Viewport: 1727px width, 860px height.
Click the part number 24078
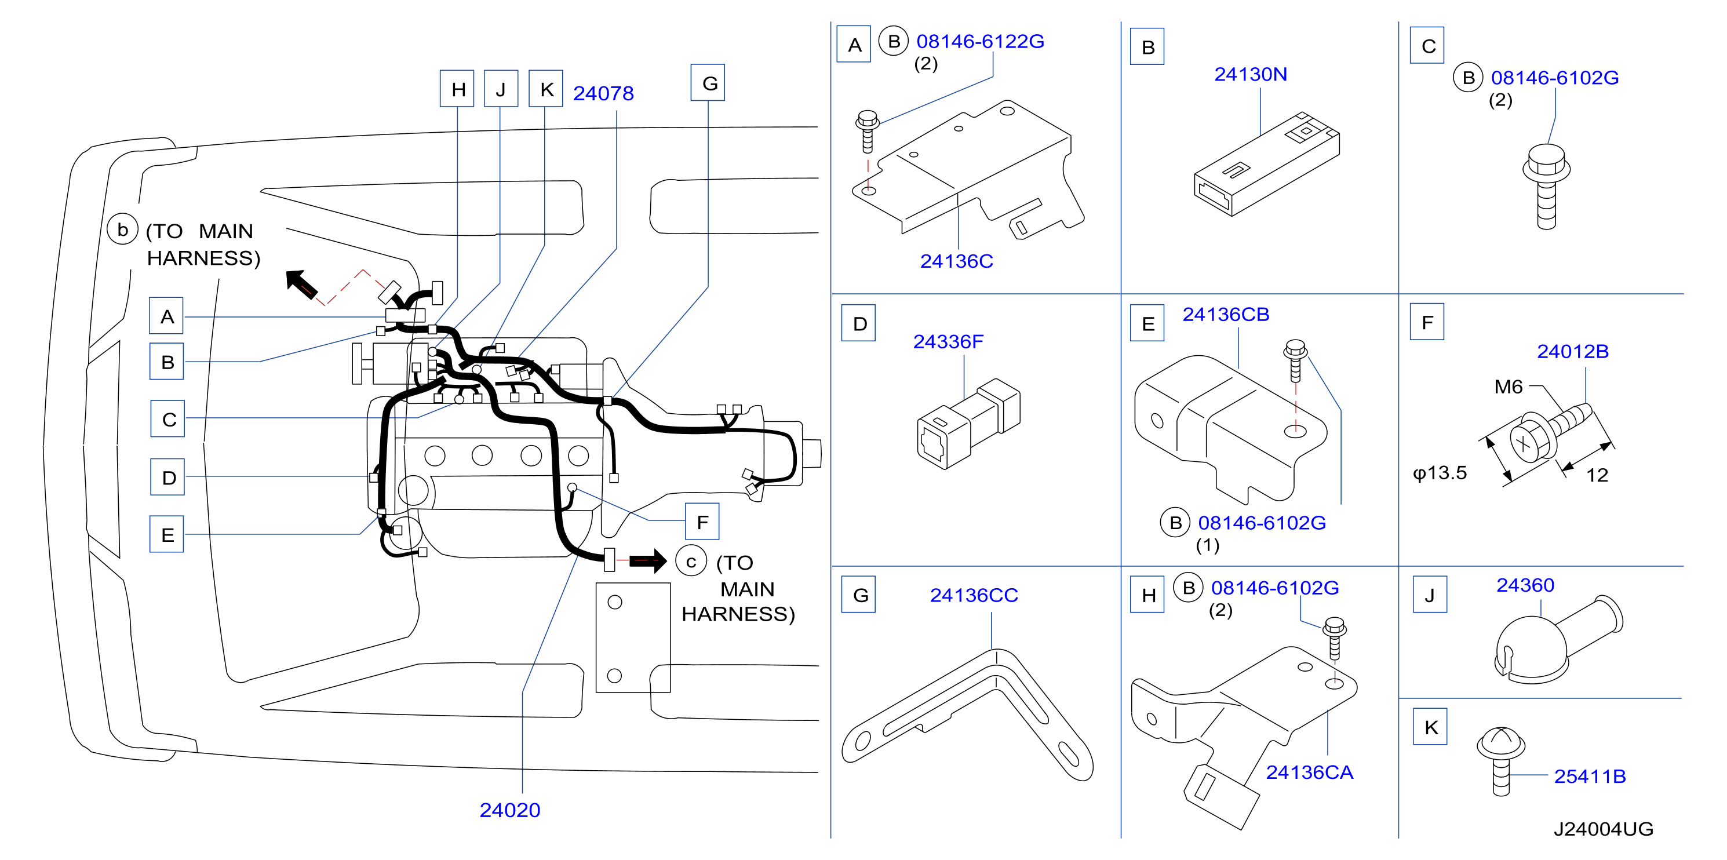click(603, 93)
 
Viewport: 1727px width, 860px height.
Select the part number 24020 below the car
click(509, 810)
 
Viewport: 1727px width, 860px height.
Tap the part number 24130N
click(1250, 74)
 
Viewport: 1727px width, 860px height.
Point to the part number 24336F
click(948, 341)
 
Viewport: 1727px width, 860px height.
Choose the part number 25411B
click(1590, 775)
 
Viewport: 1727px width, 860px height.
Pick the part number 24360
click(1525, 585)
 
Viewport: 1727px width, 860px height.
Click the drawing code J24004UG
click(1603, 829)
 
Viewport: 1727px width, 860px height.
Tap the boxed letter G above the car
click(708, 82)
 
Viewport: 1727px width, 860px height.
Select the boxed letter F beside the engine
click(702, 522)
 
